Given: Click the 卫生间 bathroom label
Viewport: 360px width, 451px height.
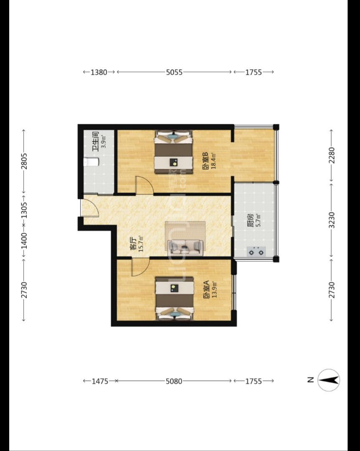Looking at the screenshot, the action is point(95,142).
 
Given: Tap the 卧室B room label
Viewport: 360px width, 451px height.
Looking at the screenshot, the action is point(205,161).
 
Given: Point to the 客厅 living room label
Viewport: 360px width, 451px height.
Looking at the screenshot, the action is point(133,243).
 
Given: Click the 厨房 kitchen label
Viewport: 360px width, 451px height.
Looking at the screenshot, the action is point(250,220).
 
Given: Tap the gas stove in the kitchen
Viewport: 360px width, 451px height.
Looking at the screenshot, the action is point(256,252).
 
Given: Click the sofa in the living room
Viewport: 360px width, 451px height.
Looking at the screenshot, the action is point(185,247).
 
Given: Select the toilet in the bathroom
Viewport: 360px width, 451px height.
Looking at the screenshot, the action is point(91,162).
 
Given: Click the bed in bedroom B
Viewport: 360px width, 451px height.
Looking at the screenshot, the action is point(173,152).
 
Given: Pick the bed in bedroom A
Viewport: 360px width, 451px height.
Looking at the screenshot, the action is point(175,299).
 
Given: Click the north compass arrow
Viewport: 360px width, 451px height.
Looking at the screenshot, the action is point(329,380).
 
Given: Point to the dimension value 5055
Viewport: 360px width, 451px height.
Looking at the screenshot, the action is point(174,72).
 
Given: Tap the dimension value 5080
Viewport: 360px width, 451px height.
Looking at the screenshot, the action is point(174,381).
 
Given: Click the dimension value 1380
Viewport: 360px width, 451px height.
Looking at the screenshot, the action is point(99,72).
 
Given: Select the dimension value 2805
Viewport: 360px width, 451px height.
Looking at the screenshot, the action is point(24,161).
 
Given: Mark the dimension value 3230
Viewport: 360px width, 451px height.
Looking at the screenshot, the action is point(332,220).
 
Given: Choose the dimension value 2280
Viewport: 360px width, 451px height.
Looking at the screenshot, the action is point(332,155).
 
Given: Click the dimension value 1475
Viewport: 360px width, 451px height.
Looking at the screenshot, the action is point(100,381).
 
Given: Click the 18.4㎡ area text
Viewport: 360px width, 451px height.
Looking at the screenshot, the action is point(213,161).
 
